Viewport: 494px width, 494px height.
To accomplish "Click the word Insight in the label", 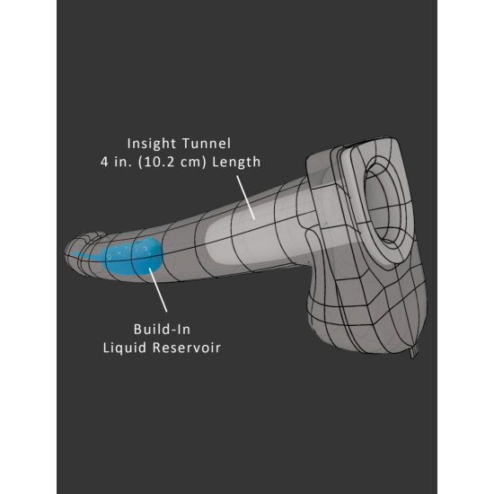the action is (151, 144).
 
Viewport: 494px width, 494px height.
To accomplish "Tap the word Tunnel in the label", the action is (207, 144).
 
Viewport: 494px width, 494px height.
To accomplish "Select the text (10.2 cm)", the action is (172, 162).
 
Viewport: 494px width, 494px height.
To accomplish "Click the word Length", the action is (236, 162).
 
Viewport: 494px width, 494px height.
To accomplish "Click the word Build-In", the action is (162, 330).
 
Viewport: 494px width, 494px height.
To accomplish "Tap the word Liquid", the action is (125, 348).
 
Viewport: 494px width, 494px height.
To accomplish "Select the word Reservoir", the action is (187, 348).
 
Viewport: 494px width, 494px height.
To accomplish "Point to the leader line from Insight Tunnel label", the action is (246, 198).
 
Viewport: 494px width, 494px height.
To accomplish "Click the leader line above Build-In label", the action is (158, 290).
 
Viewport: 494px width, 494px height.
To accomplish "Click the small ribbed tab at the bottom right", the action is (414, 350).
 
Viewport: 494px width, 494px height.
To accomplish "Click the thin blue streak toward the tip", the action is (85, 255).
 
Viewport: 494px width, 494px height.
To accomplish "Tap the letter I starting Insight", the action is (129, 144).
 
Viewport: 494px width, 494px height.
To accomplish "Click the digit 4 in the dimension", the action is (104, 162).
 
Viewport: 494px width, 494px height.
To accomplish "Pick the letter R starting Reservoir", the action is (156, 348).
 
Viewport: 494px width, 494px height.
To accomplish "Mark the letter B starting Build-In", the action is (137, 330).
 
